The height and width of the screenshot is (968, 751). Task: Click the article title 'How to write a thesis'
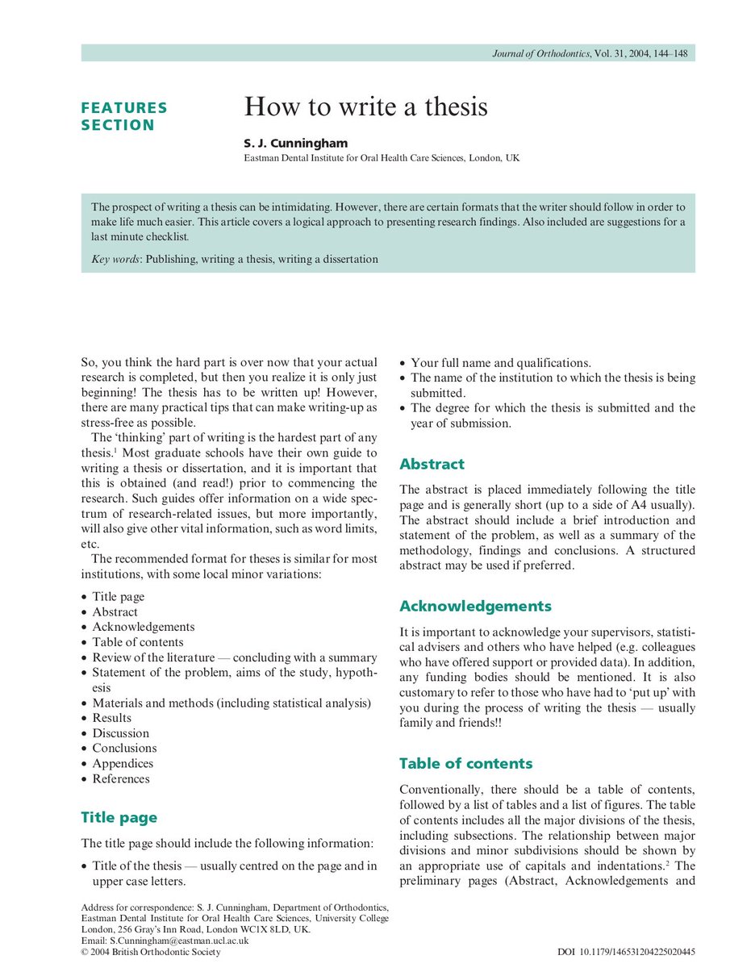365,107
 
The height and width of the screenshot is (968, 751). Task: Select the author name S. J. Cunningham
295,144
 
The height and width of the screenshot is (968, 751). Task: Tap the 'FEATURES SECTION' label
123,116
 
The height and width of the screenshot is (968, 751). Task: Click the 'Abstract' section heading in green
432,464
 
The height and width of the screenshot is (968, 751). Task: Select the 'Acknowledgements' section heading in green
475,606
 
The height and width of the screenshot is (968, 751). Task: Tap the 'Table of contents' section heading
465,763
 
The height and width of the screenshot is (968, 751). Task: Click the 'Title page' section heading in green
119,817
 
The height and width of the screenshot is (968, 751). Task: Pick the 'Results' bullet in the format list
111,718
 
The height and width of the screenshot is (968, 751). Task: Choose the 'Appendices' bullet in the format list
122,763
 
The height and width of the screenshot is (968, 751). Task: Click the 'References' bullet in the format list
120,778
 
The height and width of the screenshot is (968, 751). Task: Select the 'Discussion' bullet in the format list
120,733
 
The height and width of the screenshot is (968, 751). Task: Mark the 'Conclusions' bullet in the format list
124,748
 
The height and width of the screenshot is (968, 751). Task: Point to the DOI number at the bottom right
626,952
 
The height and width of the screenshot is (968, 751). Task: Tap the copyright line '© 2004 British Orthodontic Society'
151,952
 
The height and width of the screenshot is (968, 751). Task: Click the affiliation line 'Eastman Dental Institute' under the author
382,159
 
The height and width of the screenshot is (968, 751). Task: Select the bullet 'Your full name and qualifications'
500,363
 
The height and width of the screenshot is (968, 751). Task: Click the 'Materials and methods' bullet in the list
231,703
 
